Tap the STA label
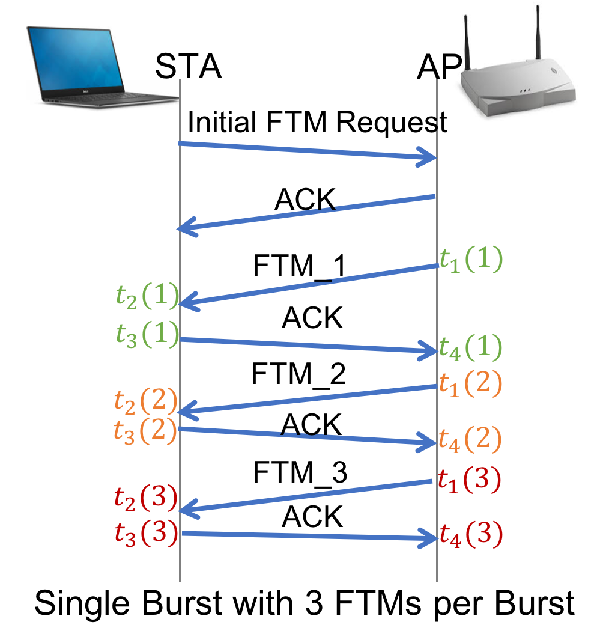[x=189, y=66]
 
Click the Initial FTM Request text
[x=317, y=122]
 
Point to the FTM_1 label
[x=300, y=266]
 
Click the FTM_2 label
[x=298, y=374]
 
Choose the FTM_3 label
[x=300, y=472]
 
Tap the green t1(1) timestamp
[x=471, y=260]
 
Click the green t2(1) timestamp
[x=148, y=296]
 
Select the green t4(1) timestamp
[x=471, y=348]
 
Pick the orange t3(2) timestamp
[x=145, y=431]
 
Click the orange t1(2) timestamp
[x=471, y=384]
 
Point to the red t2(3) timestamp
[x=145, y=498]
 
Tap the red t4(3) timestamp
[x=471, y=534]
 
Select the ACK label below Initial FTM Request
[x=305, y=200]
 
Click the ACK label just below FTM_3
[x=312, y=517]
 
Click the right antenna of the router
[x=538, y=33]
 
